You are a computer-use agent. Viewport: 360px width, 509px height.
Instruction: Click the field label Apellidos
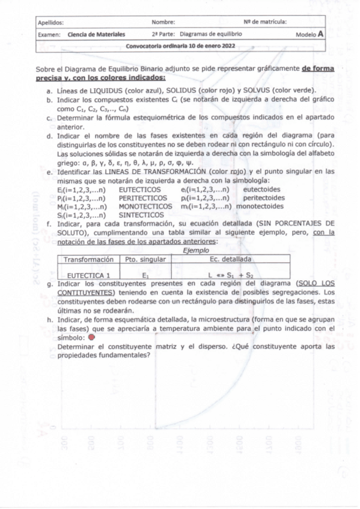[50, 22]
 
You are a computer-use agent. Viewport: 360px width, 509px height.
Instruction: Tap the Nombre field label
[163, 22]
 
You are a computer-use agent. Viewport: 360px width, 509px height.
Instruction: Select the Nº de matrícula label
[265, 22]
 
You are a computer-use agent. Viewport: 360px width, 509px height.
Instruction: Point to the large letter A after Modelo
[321, 34]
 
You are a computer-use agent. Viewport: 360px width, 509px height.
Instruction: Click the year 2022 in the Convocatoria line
[227, 46]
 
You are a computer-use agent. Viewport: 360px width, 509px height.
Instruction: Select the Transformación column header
[88, 259]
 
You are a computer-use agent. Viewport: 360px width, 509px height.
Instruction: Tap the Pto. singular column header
[144, 259]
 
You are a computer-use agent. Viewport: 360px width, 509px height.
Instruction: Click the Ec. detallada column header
[231, 259]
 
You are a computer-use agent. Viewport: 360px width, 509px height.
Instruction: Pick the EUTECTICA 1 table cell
[88, 276]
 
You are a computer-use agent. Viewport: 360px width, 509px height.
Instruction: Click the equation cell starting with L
[230, 276]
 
